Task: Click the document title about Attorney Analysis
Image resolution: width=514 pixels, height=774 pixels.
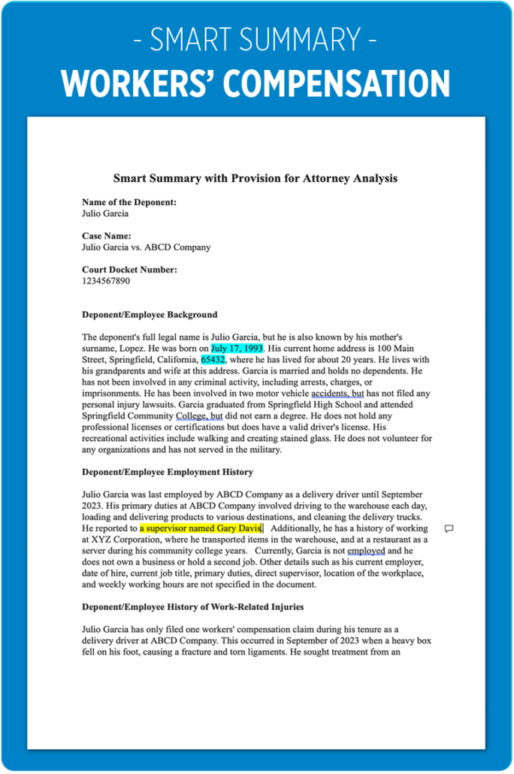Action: click(255, 178)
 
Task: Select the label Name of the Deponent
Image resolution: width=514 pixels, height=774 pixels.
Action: click(129, 202)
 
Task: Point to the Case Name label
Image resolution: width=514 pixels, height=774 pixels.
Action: click(107, 235)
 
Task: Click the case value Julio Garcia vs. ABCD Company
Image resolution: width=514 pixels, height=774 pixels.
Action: click(146, 246)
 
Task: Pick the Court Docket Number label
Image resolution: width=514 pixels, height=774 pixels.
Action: click(129, 269)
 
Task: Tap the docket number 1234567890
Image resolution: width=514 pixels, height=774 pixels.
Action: click(106, 280)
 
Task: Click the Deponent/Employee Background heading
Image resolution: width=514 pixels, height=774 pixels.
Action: click(150, 314)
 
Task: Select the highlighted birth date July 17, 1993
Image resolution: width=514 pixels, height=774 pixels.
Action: click(237, 349)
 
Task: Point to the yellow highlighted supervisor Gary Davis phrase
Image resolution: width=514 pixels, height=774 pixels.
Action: click(200, 528)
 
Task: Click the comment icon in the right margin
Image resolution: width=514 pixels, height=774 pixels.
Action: click(449, 528)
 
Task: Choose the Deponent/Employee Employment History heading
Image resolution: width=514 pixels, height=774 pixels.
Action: click(168, 472)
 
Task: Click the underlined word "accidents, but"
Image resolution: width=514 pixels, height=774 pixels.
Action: click(337, 393)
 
